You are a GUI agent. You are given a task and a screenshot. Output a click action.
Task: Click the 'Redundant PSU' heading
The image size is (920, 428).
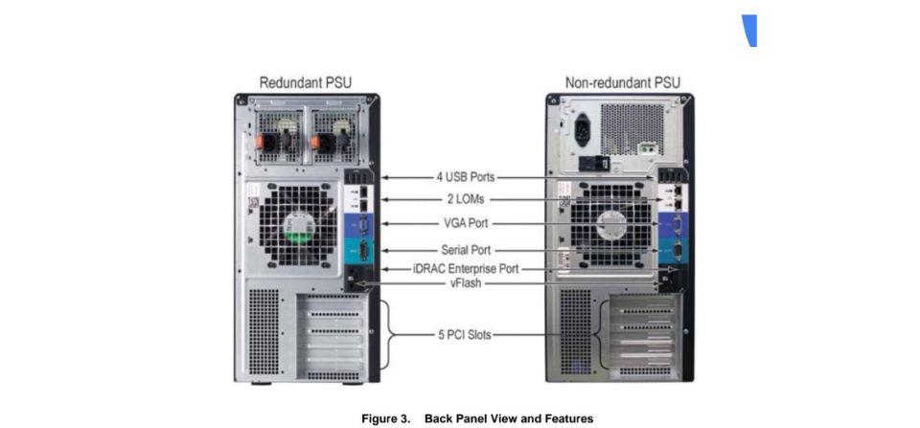click(306, 82)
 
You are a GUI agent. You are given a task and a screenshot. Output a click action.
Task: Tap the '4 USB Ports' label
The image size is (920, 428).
click(464, 177)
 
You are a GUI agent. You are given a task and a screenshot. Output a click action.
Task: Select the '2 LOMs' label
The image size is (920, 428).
click(464, 200)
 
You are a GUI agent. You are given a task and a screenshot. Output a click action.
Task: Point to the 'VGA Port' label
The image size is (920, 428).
click(464, 224)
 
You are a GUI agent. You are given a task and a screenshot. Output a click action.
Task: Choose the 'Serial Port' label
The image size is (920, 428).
click(464, 250)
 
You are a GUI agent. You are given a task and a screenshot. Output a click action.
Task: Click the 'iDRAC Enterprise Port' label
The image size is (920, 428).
click(465, 269)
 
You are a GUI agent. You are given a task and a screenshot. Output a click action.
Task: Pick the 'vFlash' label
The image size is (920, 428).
click(465, 283)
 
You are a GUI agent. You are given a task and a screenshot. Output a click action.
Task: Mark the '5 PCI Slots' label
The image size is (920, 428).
click(464, 336)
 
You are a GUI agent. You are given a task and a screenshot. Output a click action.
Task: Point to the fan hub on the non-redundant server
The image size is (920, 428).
click(609, 226)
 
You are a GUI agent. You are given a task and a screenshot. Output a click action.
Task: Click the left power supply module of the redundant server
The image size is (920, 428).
click(275, 135)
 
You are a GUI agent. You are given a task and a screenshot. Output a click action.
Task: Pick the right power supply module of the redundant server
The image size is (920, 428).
click(333, 135)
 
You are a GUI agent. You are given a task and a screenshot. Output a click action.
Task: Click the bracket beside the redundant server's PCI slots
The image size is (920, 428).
click(387, 335)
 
